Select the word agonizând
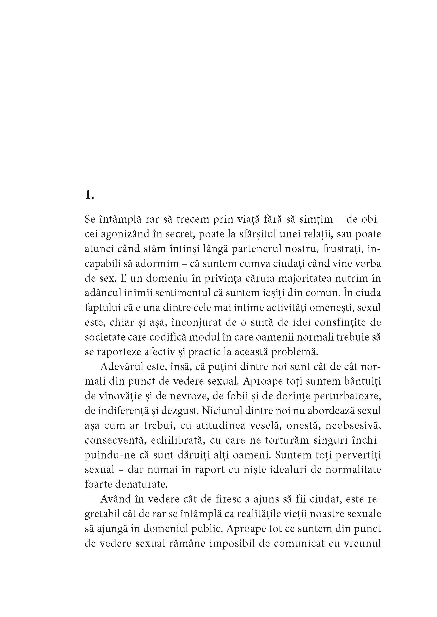click(x=126, y=234)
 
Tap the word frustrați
click(x=343, y=249)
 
